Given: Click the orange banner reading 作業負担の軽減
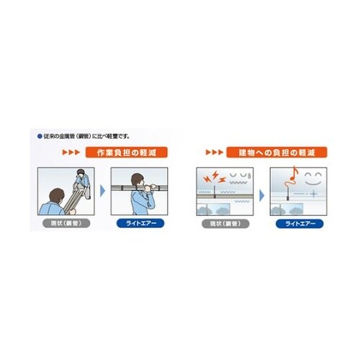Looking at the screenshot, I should [126, 153].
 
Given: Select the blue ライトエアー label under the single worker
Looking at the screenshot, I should [140, 223].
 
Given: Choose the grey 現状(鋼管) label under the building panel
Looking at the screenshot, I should [224, 223].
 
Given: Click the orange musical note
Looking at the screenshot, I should [293, 175].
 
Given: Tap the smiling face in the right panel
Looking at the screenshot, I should [314, 177].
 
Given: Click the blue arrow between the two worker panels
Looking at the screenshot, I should [102, 190].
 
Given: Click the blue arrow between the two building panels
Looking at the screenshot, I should [261, 190].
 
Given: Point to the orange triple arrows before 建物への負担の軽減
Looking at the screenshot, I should [215, 153].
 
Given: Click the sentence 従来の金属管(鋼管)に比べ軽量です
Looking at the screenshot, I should [82, 135].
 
